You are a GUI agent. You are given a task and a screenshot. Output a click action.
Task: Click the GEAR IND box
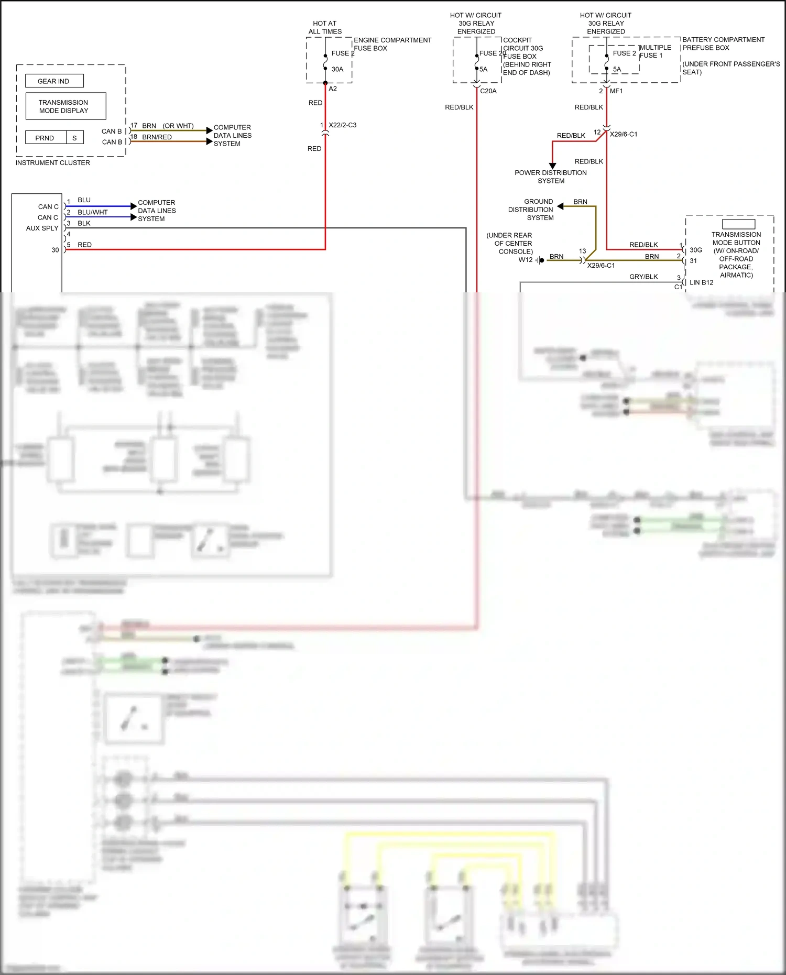tap(54, 81)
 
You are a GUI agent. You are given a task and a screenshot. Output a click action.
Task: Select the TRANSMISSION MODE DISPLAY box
tap(65, 106)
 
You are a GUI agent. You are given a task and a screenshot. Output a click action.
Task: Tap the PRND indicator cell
tap(45, 138)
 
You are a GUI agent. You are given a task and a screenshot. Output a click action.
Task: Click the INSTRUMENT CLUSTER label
tap(52, 163)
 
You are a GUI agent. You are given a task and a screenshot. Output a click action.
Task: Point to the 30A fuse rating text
tap(337, 69)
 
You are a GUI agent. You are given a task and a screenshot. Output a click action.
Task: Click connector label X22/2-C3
tap(342, 125)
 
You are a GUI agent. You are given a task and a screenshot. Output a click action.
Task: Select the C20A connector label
tap(488, 91)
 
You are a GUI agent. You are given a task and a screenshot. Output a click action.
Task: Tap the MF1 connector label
tap(616, 91)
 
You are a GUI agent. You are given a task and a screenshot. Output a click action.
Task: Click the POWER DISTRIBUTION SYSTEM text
tap(551, 177)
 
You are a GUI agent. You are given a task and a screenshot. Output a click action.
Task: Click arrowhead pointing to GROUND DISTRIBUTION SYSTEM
tap(560, 206)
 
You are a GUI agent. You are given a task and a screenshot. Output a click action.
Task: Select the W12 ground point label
tap(525, 260)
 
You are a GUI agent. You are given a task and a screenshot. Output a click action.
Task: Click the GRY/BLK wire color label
tap(643, 277)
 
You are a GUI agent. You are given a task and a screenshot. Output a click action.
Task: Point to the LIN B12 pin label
tap(701, 282)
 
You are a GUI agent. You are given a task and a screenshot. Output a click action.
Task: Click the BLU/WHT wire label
tap(92, 212)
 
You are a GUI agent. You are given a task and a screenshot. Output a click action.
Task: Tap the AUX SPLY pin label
tap(42, 228)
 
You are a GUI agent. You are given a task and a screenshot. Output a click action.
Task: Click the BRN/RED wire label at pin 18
tap(157, 137)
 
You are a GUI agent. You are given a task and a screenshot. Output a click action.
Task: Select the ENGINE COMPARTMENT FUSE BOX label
tap(392, 44)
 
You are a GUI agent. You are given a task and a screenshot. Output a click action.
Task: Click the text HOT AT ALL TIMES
tap(325, 27)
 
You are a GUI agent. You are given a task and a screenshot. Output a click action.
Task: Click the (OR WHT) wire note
tap(178, 126)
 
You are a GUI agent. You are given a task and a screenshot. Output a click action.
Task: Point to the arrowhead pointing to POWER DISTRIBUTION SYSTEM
tap(552, 166)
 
